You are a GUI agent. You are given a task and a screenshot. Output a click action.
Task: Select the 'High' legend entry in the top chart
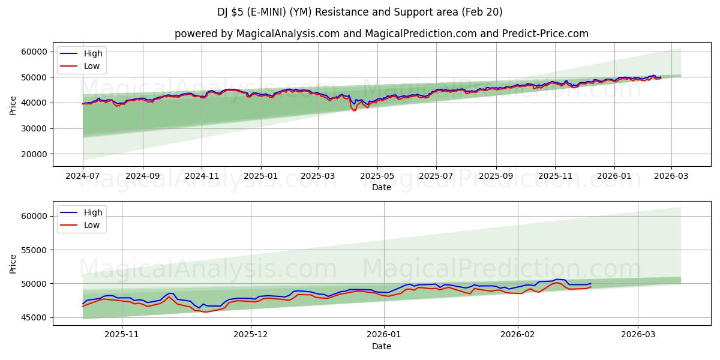pyautogui.click(x=93, y=54)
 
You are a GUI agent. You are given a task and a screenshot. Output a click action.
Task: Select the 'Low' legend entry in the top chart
pyautogui.click(x=92, y=67)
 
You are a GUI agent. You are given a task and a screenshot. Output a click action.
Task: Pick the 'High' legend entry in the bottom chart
pyautogui.click(x=93, y=212)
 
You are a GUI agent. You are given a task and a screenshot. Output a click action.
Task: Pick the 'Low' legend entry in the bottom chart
pyautogui.click(x=92, y=225)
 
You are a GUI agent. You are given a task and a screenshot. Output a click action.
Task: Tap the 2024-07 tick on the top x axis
pyautogui.click(x=83, y=177)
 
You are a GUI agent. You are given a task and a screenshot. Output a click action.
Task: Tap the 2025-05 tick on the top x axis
pyautogui.click(x=377, y=177)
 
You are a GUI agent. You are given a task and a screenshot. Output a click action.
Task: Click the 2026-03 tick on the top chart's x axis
pyautogui.click(x=671, y=177)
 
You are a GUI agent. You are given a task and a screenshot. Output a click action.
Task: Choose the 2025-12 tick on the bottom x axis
pyautogui.click(x=251, y=335)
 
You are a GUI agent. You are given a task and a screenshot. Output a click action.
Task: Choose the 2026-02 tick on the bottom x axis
pyautogui.click(x=517, y=335)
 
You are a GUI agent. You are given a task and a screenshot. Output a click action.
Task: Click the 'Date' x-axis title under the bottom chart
pyautogui.click(x=381, y=346)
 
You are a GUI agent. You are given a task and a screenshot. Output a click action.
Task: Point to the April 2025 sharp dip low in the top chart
pyautogui.click(x=354, y=110)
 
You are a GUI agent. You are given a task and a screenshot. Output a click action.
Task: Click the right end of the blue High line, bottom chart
pyautogui.click(x=591, y=283)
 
